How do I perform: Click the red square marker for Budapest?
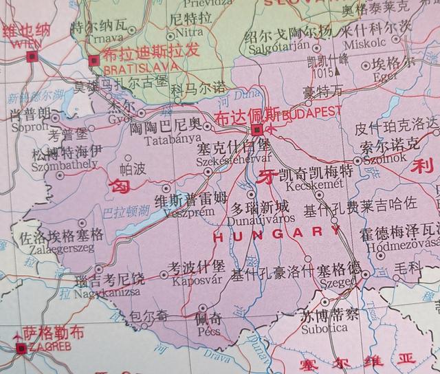pyautogui.click(x=256, y=129)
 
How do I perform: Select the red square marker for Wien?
pyautogui.click(x=29, y=58)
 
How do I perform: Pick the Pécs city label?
pyautogui.click(x=208, y=331)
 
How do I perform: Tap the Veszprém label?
pyautogui.click(x=180, y=210)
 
